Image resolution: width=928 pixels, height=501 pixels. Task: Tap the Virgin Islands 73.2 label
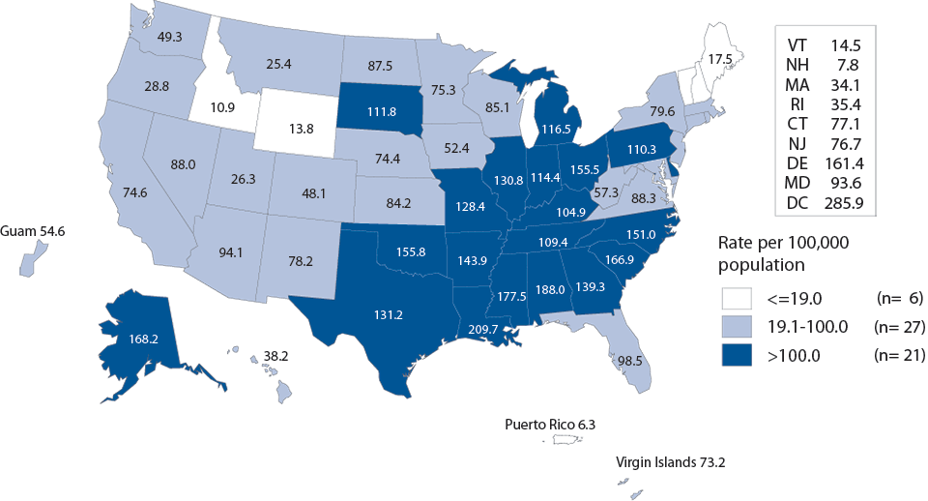[x=670, y=462]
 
